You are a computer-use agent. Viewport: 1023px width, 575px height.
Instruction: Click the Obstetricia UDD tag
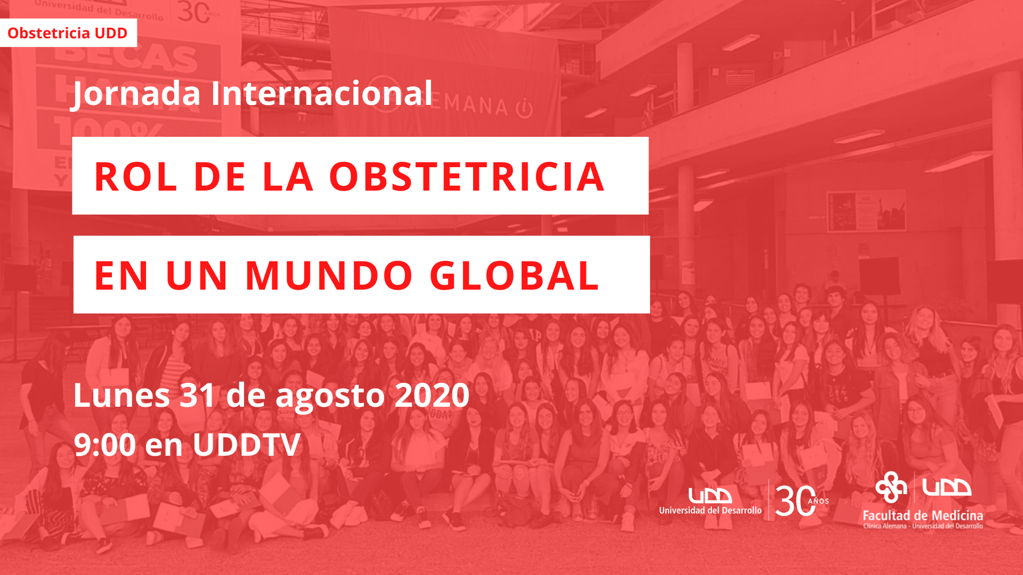click(x=68, y=33)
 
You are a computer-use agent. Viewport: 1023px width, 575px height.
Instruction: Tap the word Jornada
click(x=135, y=94)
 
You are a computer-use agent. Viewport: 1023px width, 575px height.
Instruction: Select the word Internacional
click(x=321, y=93)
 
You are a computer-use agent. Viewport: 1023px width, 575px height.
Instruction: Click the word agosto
click(x=330, y=398)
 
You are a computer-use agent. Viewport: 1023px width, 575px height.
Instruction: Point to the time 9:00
click(x=105, y=445)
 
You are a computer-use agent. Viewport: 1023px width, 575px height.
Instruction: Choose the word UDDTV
click(x=247, y=445)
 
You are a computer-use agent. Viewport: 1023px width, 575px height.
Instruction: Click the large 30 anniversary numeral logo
click(x=795, y=500)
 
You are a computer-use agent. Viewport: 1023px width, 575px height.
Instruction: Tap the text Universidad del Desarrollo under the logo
click(x=710, y=510)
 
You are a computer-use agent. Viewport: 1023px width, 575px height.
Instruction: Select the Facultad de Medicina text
click(x=923, y=515)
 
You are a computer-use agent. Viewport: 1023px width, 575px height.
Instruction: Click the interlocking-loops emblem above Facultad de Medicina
click(x=891, y=487)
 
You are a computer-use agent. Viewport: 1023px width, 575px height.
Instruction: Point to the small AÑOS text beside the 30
click(x=818, y=501)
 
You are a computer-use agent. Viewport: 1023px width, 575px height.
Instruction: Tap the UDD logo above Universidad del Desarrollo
click(x=710, y=496)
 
